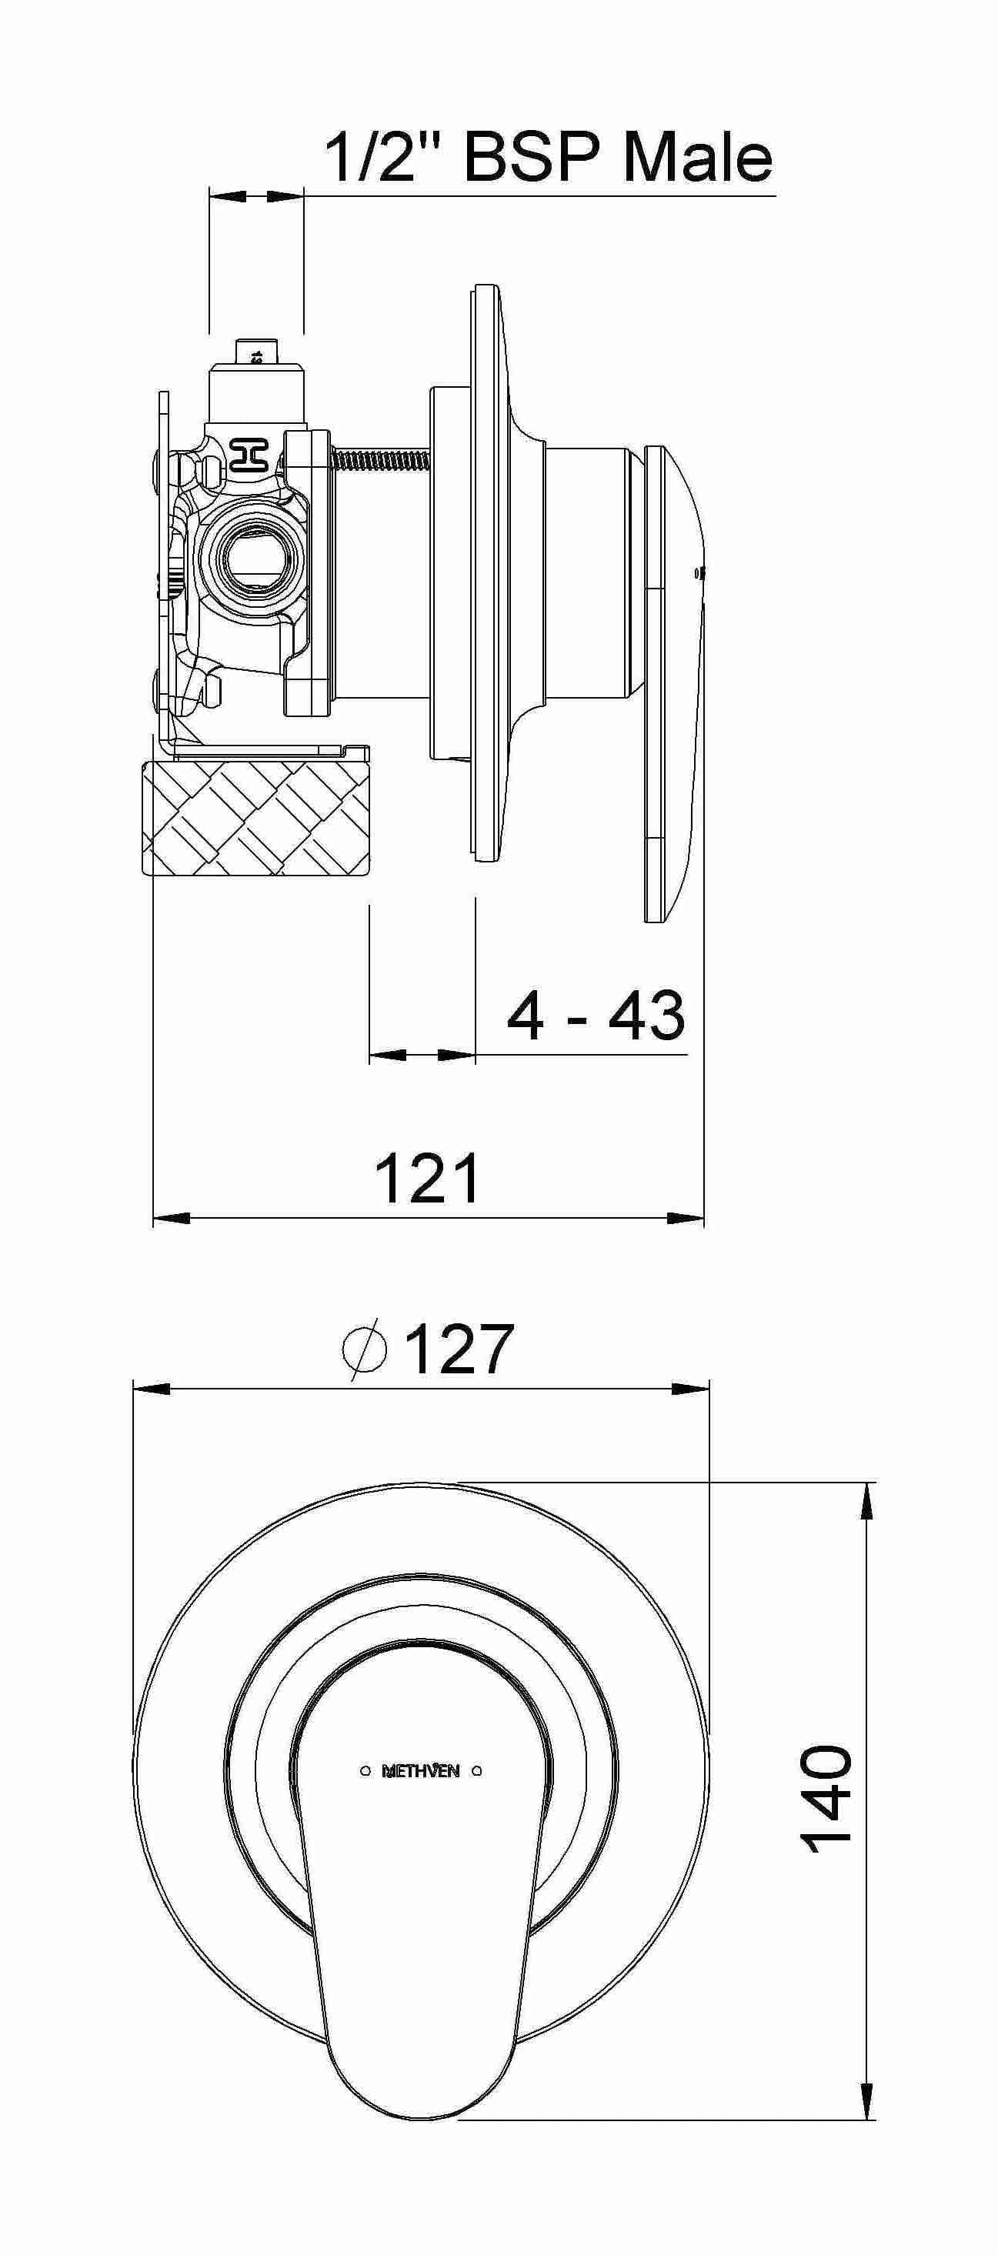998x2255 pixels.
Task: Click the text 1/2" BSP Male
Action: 549,158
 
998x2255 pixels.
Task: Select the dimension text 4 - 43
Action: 596,1016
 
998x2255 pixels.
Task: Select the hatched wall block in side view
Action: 255,817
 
